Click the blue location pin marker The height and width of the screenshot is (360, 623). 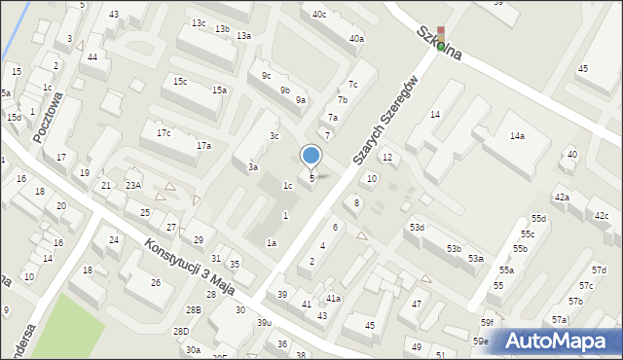pos(311,156)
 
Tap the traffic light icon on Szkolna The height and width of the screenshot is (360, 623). pos(440,38)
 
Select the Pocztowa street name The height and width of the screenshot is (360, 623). pos(48,118)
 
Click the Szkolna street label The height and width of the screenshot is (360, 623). pos(438,45)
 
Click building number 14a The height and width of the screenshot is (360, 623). pos(517,136)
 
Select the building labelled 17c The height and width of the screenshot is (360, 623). pos(164,132)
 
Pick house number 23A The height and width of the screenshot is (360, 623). pos(133,185)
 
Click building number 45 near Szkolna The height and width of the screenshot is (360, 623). pos(583,69)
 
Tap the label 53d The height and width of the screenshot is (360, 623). pos(417,227)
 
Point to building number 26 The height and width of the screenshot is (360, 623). pos(155,282)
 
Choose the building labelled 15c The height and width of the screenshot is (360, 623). pos(180,81)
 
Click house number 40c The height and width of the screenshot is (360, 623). pos(319,14)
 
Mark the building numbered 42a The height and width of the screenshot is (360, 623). pos(562,198)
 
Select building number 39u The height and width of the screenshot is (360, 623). pos(264,322)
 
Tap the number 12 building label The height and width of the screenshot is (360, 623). pos(386,157)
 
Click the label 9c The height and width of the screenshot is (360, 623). pos(267,75)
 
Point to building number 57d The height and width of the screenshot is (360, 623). pos(599,270)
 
